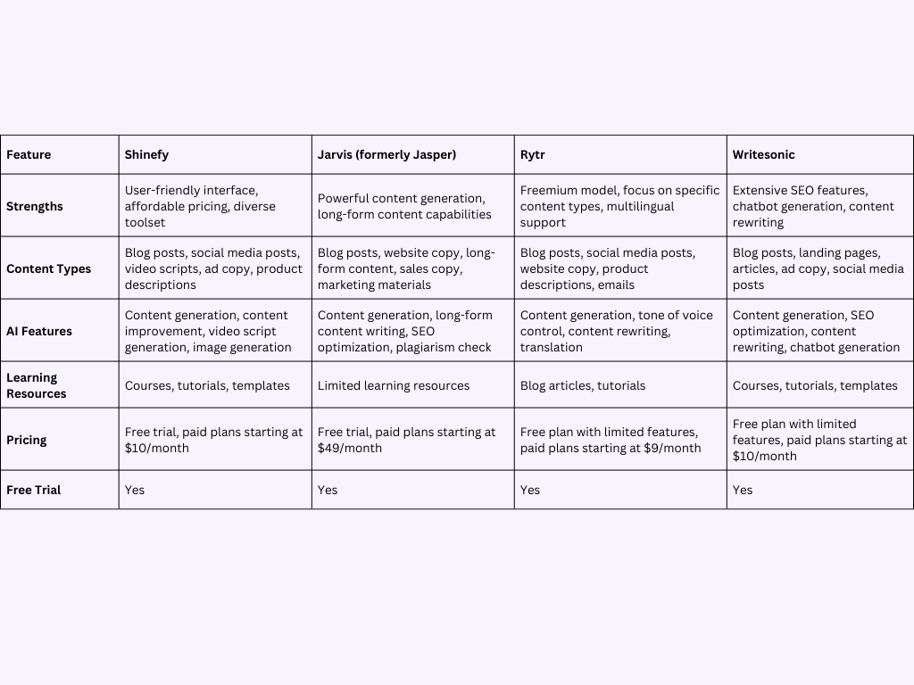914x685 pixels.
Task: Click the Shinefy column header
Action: click(146, 154)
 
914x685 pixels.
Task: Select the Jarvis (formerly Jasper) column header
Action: click(386, 154)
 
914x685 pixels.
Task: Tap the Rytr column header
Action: click(532, 154)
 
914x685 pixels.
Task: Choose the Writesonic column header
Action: click(763, 154)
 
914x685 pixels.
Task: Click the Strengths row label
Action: click(35, 206)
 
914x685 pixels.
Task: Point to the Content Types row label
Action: click(48, 268)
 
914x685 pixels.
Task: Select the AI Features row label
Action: click(39, 331)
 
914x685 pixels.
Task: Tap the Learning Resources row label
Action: click(37, 385)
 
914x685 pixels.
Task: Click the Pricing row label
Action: click(27, 440)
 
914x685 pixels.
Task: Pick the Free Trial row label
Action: click(34, 490)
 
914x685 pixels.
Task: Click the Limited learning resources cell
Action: click(394, 385)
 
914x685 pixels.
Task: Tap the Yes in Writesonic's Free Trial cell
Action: click(743, 490)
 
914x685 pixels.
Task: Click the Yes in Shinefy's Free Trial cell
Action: click(135, 490)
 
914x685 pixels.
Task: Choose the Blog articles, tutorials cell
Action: click(583, 385)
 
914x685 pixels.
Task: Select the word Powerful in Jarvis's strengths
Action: click(343, 198)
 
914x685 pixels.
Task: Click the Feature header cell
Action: click(29, 154)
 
